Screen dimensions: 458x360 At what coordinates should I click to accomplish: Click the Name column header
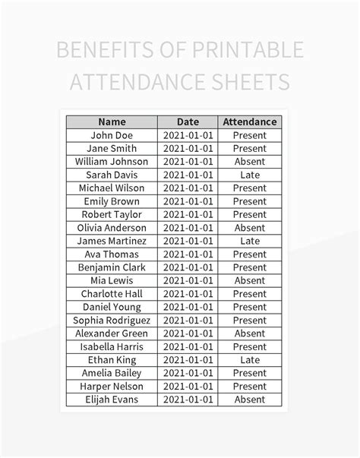coord(112,122)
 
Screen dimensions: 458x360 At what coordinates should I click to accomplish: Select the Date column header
coord(188,122)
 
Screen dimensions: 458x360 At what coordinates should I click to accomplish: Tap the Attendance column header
coord(249,122)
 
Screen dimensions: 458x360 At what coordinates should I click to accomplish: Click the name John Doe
coord(112,135)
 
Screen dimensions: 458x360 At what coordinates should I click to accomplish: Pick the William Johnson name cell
coord(112,162)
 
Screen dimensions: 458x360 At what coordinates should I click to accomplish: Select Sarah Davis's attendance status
coord(249,175)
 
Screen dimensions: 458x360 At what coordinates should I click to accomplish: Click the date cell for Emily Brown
coord(188,201)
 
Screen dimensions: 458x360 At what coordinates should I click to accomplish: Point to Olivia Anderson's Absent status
coord(249,228)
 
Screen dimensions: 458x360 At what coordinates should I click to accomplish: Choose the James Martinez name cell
coord(112,241)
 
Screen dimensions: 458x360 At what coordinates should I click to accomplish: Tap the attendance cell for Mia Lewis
coord(249,280)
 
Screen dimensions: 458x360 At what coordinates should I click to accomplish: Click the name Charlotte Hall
coord(112,294)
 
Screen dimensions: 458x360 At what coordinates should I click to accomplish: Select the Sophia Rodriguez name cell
coord(112,321)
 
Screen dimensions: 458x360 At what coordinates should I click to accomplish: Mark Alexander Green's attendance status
coord(249,333)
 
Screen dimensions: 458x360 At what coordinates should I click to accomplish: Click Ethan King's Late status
coord(249,360)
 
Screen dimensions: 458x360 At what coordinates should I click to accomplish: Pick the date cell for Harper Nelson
coord(188,387)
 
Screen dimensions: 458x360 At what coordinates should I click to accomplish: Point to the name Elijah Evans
coord(112,400)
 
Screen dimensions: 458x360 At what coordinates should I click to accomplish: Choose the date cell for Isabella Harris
coord(188,347)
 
